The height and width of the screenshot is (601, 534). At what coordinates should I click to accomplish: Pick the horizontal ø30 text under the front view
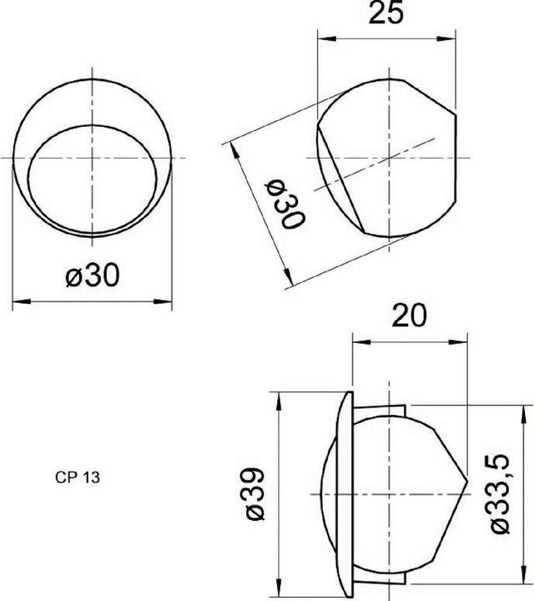[x=92, y=277]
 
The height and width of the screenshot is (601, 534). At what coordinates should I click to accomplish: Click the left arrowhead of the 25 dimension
[x=324, y=38]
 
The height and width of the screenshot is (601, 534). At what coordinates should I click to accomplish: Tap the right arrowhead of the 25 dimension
[x=455, y=38]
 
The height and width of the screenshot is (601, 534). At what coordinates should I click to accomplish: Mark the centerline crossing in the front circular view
[x=92, y=158]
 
